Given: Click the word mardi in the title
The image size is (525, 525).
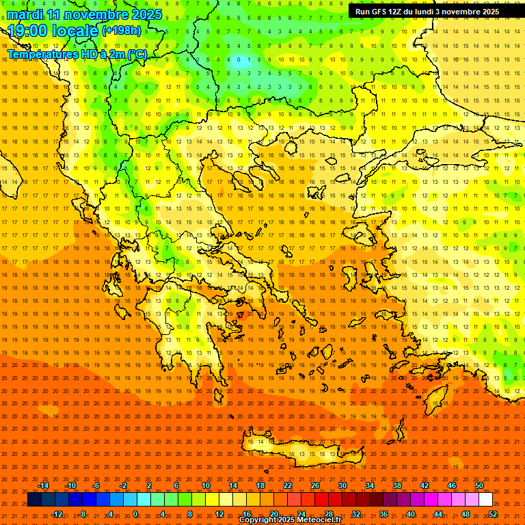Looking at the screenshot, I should click(x=25, y=14).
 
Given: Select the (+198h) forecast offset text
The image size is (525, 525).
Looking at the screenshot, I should click(x=122, y=31).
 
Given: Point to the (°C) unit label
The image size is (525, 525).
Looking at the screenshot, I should click(x=137, y=54).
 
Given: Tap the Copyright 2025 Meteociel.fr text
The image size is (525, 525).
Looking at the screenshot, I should click(x=289, y=520).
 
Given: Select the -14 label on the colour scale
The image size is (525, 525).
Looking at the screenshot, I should click(x=43, y=485).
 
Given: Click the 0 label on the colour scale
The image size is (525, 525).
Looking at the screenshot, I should click(x=135, y=513).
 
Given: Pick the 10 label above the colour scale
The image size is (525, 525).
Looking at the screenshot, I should click(x=206, y=485).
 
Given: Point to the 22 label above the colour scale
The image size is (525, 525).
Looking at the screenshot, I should click(x=288, y=485).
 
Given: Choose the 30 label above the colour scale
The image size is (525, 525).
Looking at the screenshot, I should click(x=342, y=485).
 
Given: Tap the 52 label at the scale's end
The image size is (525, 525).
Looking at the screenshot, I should click(x=493, y=513).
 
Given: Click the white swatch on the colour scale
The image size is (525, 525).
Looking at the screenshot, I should click(x=485, y=500).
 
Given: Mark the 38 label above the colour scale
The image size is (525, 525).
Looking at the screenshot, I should click(x=397, y=485).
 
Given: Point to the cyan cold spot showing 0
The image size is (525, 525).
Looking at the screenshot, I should click(x=239, y=60).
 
